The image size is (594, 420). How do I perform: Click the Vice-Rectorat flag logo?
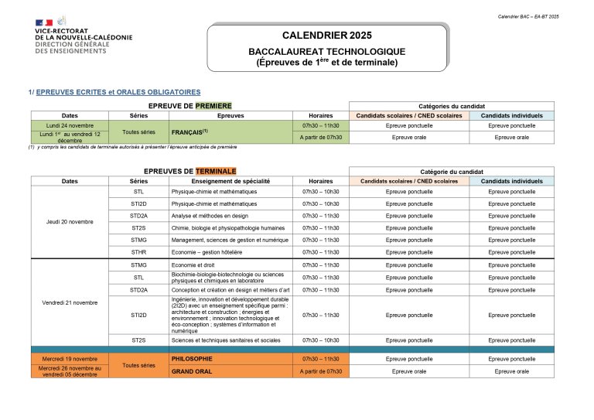pos(43,23)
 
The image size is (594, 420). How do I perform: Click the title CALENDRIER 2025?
pos(326,36)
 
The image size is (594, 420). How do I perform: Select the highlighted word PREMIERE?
pos(213,105)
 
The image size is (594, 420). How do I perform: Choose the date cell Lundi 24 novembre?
pos(70,125)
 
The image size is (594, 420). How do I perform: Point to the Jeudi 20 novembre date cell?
pos(70,222)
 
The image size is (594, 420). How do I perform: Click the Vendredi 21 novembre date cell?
pos(70,302)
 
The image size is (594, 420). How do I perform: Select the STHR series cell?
pos(138,252)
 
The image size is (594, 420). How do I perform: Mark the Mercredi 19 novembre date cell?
pos(70,359)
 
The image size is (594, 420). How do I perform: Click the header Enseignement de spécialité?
pos(230,181)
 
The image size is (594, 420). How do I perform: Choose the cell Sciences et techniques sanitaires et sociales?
pos(226,340)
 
